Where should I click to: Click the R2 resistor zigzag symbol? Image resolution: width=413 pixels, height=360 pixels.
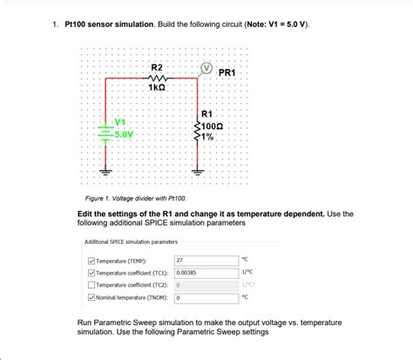click(157, 78)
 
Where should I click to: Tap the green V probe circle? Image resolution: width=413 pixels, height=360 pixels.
click(206, 66)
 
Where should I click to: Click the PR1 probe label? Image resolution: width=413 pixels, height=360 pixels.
click(227, 72)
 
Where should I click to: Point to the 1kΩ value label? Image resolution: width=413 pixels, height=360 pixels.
click(157, 88)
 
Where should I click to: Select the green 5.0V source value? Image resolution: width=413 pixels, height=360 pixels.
click(123, 134)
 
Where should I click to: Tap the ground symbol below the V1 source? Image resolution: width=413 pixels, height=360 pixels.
click(107, 171)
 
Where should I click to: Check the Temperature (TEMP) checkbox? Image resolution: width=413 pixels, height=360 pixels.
click(91, 260)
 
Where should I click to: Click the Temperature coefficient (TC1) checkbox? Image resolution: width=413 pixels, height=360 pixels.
click(91, 272)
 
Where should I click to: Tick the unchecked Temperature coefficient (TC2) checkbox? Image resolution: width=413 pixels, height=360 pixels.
click(91, 284)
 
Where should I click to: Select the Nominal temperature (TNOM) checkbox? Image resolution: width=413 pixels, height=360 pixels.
click(91, 297)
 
